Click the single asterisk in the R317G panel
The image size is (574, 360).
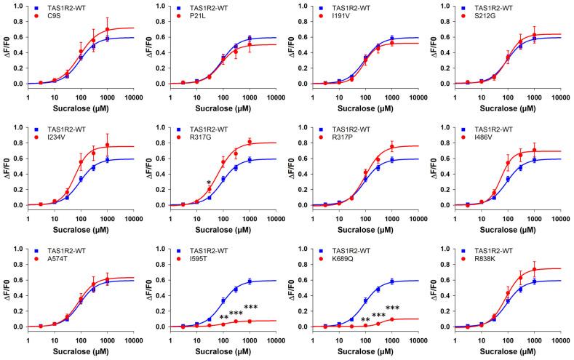[209, 183]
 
